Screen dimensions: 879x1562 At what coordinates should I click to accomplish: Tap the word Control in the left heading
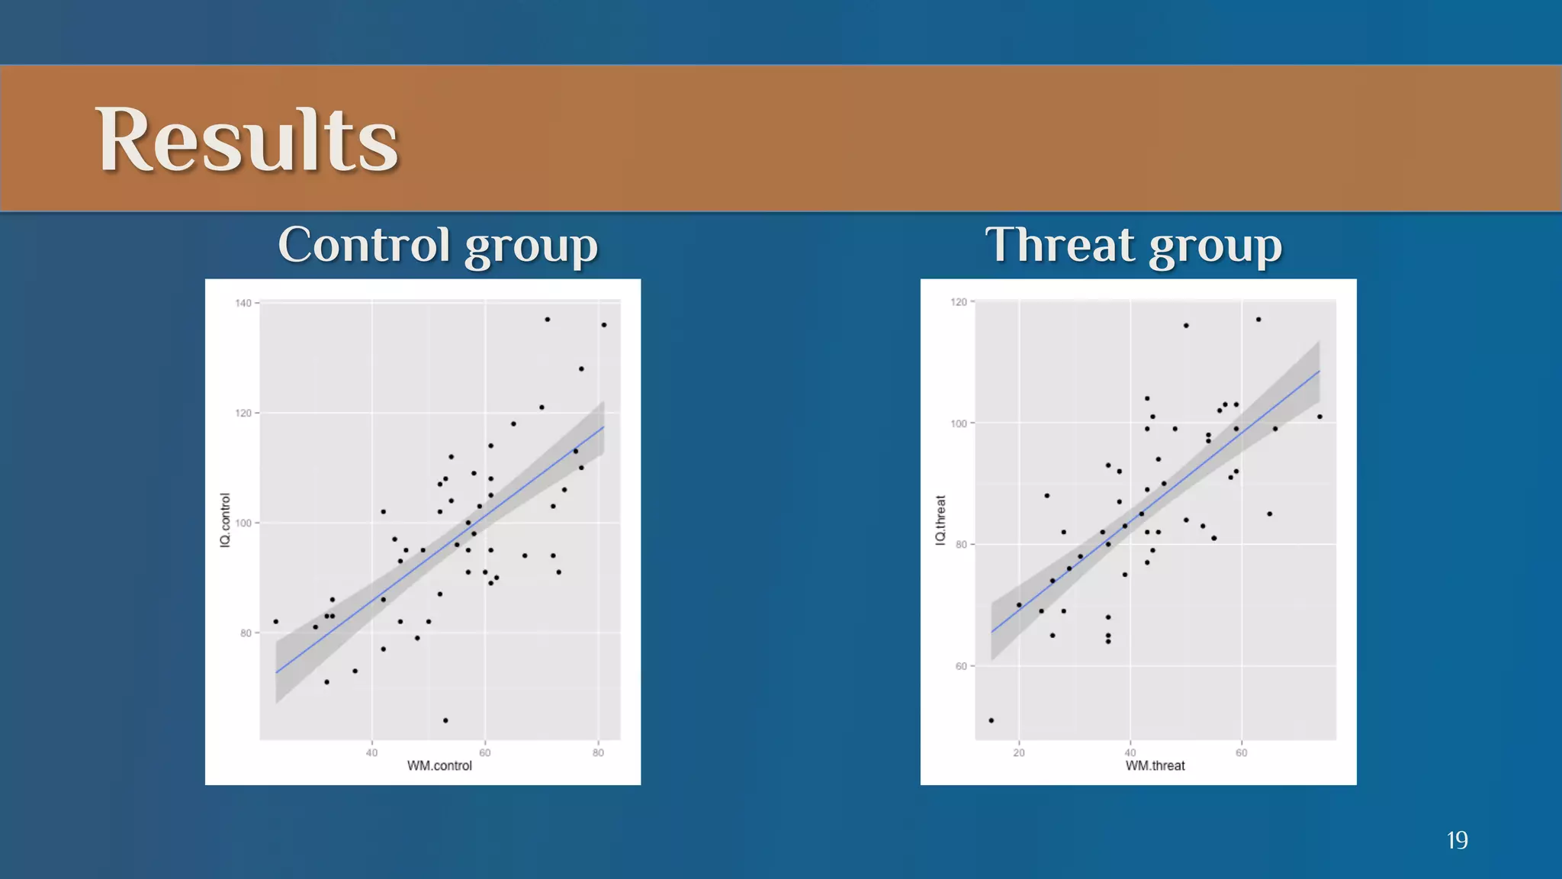(x=364, y=245)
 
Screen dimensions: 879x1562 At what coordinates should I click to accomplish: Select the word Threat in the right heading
(x=1060, y=245)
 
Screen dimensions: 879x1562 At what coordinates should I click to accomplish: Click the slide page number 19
(x=1457, y=840)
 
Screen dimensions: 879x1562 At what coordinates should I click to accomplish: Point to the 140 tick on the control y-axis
(x=243, y=303)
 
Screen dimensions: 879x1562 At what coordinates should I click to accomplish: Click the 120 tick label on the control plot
(x=243, y=413)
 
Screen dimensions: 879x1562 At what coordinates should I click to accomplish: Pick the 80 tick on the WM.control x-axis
(x=598, y=752)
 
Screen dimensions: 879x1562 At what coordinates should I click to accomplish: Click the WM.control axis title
(x=439, y=765)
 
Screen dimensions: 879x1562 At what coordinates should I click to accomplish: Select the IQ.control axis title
(x=225, y=520)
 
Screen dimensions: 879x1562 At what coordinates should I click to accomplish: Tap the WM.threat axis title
(x=1155, y=765)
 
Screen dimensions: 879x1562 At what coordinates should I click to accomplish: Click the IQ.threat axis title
(x=940, y=520)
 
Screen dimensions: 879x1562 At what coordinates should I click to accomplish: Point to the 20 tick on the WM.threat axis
(x=1019, y=752)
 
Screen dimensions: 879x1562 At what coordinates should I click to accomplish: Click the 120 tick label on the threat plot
(x=959, y=302)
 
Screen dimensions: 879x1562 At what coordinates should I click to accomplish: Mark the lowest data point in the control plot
(x=445, y=720)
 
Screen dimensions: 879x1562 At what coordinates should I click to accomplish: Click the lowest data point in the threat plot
(x=992, y=720)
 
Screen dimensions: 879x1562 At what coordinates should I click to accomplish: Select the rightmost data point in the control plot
(x=604, y=325)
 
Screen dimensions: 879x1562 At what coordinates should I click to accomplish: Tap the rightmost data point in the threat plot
(x=1319, y=417)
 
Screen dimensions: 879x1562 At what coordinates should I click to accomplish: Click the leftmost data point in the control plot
(x=276, y=622)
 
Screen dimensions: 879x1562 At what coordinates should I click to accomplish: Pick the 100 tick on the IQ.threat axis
(x=959, y=423)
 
